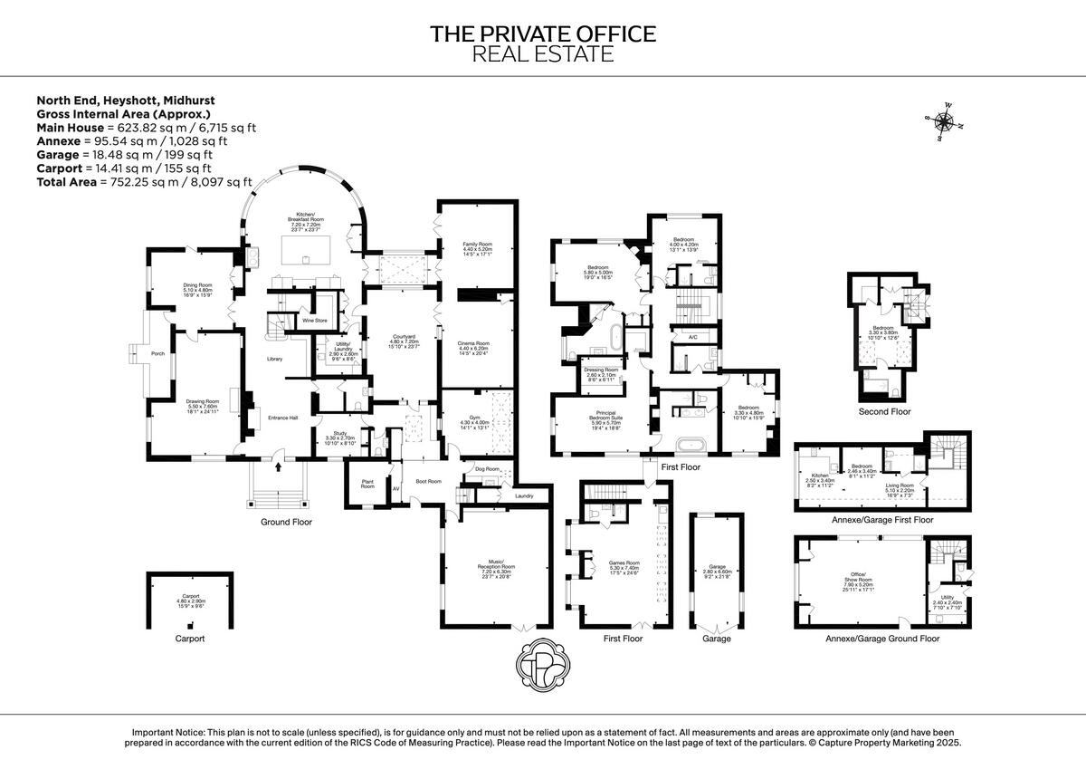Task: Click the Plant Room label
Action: click(367, 485)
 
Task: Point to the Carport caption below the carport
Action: click(190, 639)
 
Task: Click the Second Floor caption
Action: click(885, 411)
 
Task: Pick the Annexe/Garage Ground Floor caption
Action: click(882, 639)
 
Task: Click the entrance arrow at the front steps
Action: click(279, 467)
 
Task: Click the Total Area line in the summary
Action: click(144, 182)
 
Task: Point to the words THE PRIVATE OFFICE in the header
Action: click(542, 34)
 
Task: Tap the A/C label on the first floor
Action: click(692, 337)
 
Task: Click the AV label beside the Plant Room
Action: click(395, 488)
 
